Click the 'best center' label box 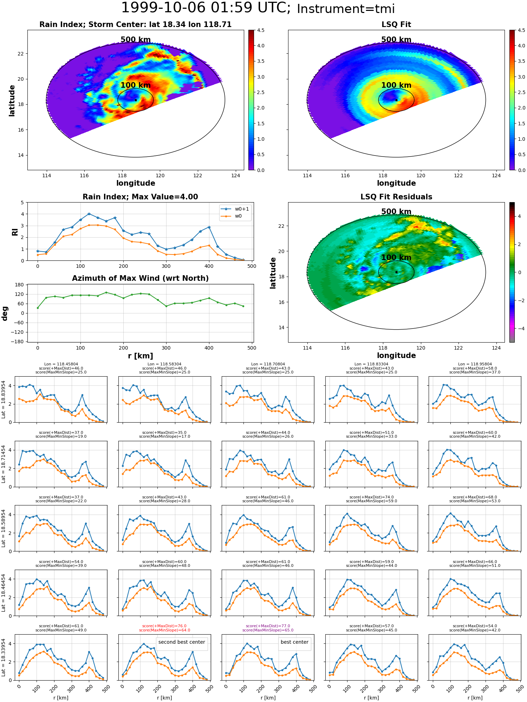pos(294,642)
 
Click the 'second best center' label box pos(182,642)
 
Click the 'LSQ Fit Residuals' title pos(396,197)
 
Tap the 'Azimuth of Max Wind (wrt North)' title pos(140,278)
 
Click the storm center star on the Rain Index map pos(136,100)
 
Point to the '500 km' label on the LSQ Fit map pos(396,40)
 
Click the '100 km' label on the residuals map pos(396,257)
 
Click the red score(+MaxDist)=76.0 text pos(164,626)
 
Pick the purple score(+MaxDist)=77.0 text pos(268,626)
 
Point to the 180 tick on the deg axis pos(20,285)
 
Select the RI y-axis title pos(15,232)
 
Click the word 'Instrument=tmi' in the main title pos(346,9)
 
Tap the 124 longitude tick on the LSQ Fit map pos(496,175)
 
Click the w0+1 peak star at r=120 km pos(89,214)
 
